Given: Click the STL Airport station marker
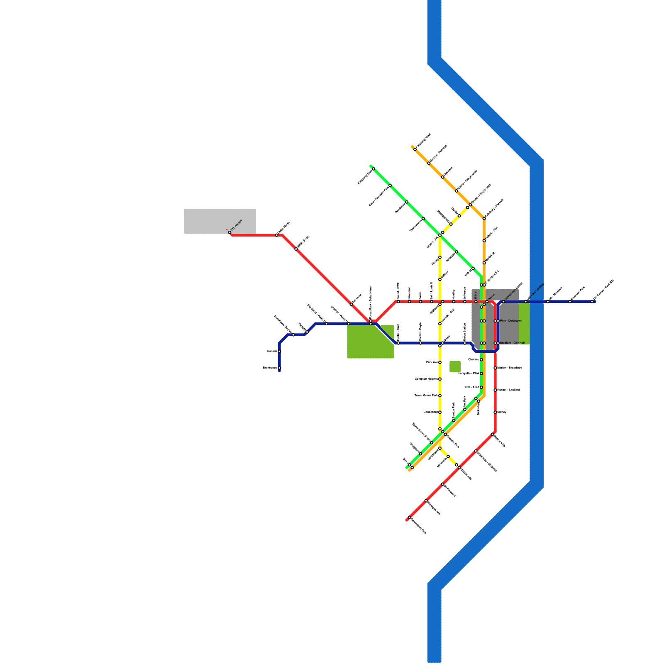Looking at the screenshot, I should coord(229,232).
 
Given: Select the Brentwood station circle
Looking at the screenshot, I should coord(279,368).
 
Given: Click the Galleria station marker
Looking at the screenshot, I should coord(279,352).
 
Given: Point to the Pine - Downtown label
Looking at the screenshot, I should coord(511,321).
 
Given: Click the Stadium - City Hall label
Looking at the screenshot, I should coord(512,343).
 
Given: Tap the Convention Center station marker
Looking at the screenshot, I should coord(503,302).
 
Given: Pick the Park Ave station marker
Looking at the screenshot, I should coord(440,362).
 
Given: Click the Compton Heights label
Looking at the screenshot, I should coord(426,379).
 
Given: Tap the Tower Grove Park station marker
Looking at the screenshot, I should coord(440,395).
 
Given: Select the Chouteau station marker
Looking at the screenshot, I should coord(481,359).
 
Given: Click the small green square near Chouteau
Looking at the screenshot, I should coord(455,366).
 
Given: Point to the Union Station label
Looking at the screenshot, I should coord(465,332).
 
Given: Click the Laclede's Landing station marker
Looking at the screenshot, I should coord(526,302).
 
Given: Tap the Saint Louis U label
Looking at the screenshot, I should coord(432,291).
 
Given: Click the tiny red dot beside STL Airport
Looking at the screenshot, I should coord(227,229).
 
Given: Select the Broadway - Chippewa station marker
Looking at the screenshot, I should coord(476,451).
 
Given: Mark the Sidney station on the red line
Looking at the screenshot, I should coord(495,412).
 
